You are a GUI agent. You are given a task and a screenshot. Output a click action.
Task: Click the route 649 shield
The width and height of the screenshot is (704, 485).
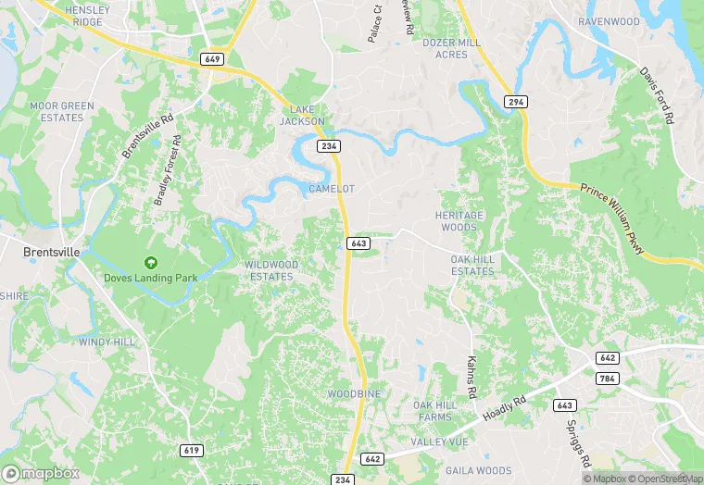(x=212, y=58)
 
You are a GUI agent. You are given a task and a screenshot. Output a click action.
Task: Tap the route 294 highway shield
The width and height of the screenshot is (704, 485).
(x=516, y=101)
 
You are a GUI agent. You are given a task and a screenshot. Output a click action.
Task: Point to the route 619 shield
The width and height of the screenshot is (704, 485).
(x=192, y=450)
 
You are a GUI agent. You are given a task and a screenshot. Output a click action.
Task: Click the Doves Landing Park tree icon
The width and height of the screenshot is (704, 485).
(x=151, y=263)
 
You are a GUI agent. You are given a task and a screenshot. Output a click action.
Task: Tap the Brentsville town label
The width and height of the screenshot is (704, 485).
(x=52, y=251)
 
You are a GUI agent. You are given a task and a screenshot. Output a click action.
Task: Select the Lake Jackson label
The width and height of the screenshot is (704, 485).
(x=303, y=115)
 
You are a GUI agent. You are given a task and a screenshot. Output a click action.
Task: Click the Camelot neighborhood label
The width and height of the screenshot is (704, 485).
(x=332, y=189)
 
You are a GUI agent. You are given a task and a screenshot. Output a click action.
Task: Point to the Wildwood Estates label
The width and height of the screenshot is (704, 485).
(x=271, y=270)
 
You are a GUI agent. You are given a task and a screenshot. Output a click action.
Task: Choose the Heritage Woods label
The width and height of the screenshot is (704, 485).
(x=459, y=221)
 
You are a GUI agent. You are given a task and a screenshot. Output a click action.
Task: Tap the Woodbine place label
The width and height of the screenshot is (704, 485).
(x=354, y=394)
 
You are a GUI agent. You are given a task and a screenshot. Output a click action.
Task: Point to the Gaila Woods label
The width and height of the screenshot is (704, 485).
(x=478, y=470)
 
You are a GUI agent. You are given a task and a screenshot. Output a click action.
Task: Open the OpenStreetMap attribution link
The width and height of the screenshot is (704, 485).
(x=662, y=479)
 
